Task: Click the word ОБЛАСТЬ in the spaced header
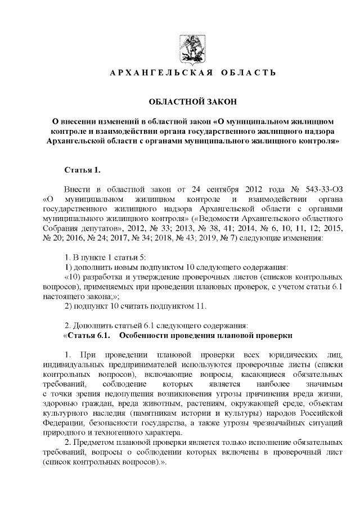point(246,73)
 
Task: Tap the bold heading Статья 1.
point(82,169)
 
